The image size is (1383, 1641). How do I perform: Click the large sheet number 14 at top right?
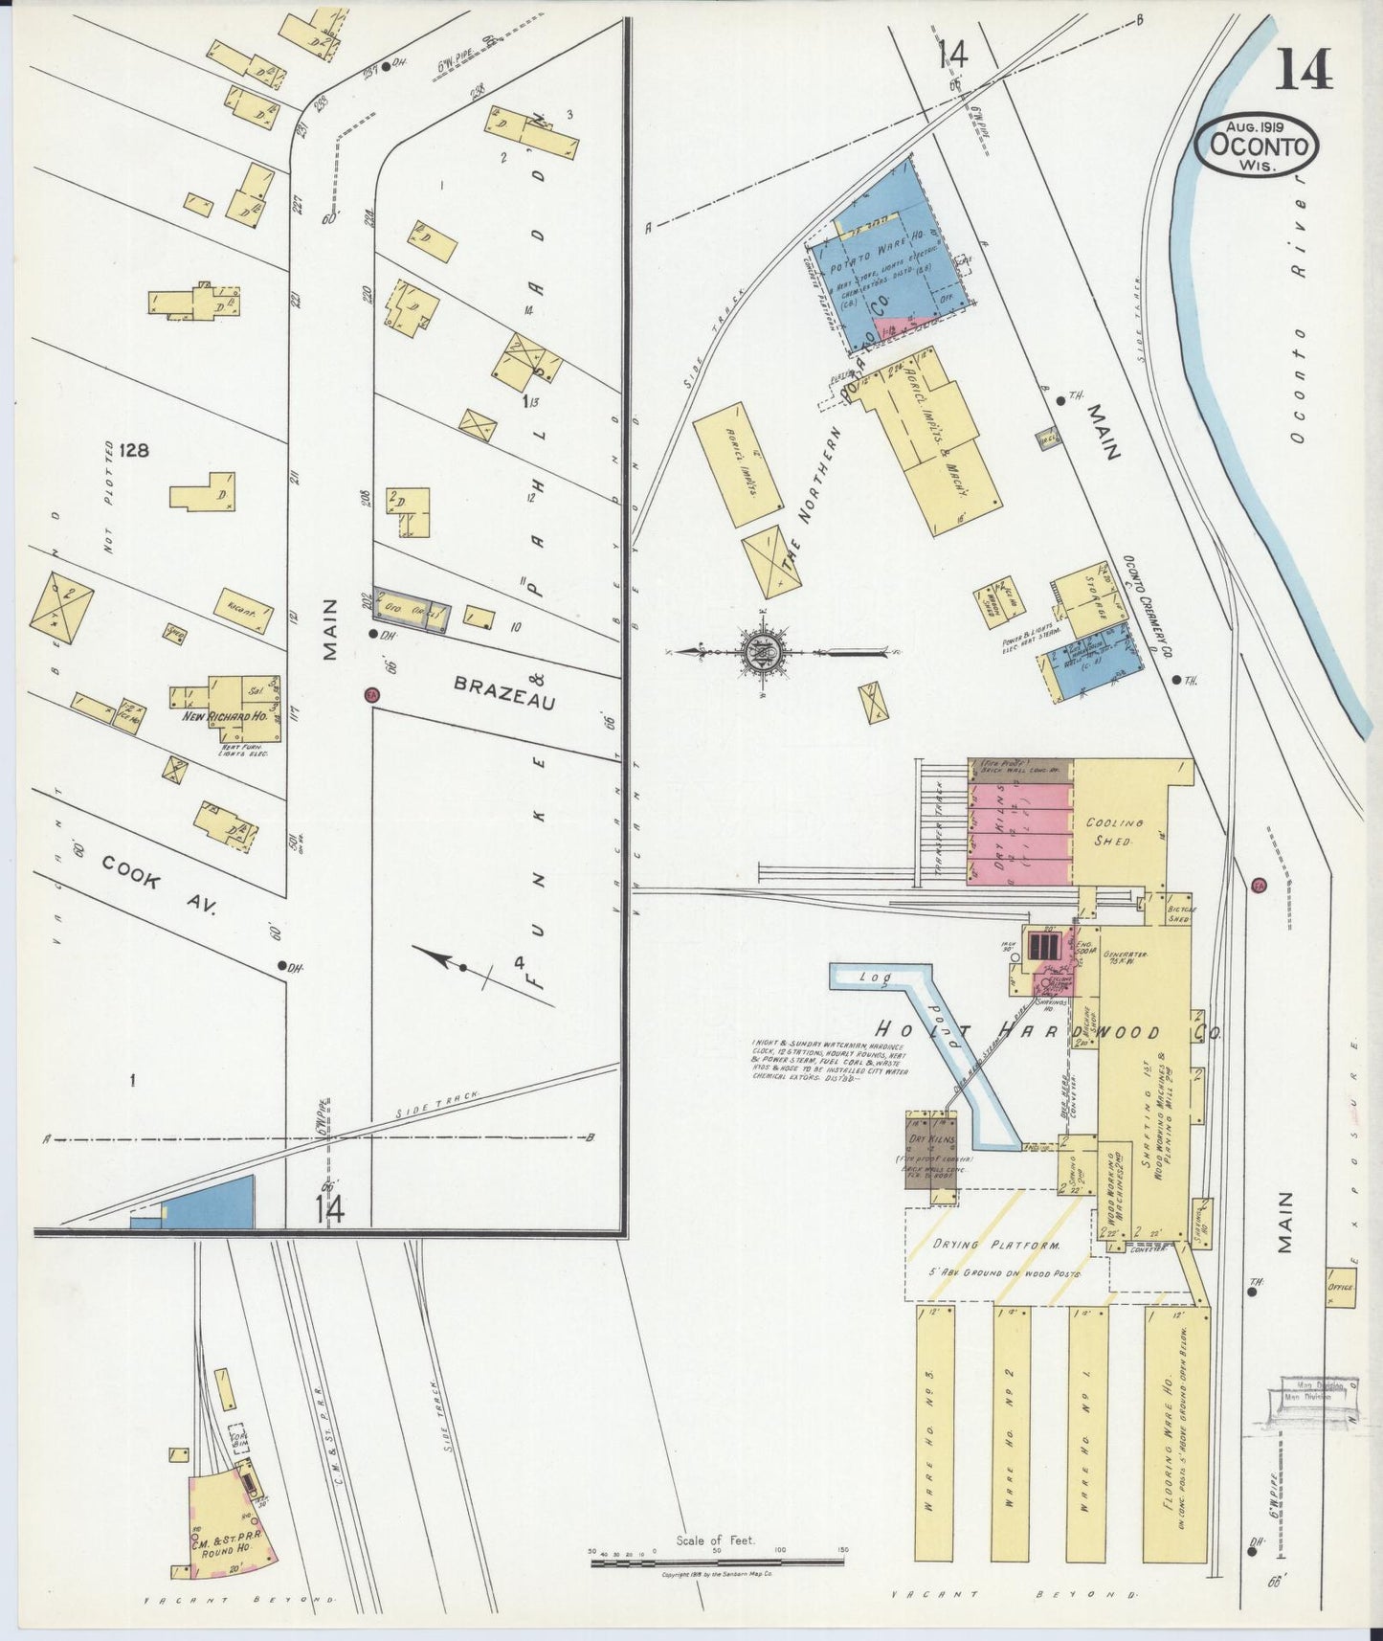tap(1303, 69)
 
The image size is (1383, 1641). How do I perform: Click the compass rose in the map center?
tap(763, 653)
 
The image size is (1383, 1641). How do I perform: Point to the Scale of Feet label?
tap(715, 1540)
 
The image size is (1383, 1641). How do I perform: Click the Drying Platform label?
tap(996, 1246)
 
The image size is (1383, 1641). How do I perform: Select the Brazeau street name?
tap(504, 693)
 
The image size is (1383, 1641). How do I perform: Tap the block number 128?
tap(134, 450)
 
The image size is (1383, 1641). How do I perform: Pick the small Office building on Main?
tap(1340, 1287)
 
